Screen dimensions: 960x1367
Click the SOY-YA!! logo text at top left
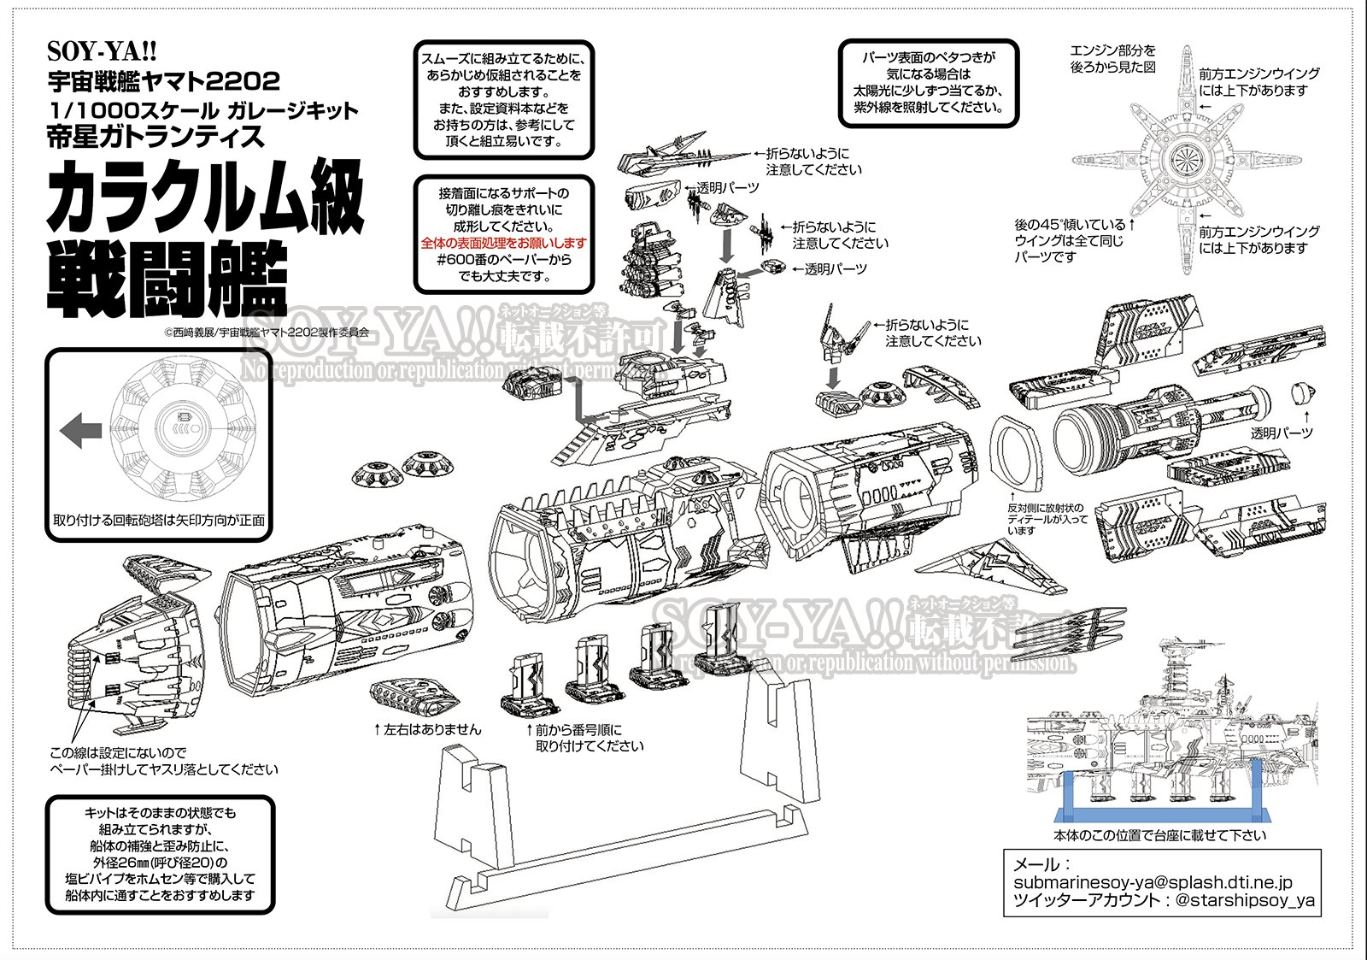pos(102,51)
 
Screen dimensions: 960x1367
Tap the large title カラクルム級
pos(206,197)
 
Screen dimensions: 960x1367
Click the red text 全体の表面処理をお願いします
pos(503,243)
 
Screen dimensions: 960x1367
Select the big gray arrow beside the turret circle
pos(81,430)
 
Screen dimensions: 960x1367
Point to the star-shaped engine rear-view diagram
pos(1185,159)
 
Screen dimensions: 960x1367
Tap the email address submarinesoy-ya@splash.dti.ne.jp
pos(1153,882)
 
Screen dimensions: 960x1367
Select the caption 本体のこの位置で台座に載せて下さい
pos(1159,835)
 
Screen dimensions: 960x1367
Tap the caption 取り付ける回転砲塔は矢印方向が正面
pos(159,520)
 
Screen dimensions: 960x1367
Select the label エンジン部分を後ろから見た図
pos(1112,59)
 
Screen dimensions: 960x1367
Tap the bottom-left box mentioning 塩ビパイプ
pos(160,854)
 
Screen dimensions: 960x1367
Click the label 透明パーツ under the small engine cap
pos(1281,433)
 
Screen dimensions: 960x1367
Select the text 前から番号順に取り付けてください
pos(589,738)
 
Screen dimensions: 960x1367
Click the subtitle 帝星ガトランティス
pos(155,137)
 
